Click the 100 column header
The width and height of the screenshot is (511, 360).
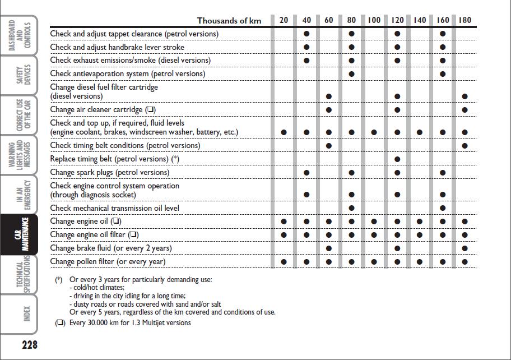[x=374, y=20]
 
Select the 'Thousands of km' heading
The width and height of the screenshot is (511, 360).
[x=229, y=21]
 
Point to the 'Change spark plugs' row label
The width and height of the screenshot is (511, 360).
[x=109, y=172]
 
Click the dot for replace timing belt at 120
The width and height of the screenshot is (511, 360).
[x=397, y=159]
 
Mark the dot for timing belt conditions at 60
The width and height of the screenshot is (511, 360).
[x=329, y=146]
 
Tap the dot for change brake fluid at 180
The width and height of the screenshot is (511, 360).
[x=464, y=248]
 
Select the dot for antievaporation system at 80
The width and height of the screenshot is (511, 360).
[x=351, y=74]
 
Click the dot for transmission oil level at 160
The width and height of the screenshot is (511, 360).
[x=443, y=209]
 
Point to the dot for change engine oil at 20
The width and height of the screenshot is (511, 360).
[x=284, y=221]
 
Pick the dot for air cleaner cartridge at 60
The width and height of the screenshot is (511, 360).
[x=329, y=110]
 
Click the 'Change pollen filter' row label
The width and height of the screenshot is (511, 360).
[x=108, y=261]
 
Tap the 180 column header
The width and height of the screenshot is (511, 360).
[x=464, y=20]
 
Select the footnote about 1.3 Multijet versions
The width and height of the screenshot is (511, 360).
[x=129, y=323]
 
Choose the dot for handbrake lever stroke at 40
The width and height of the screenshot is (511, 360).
[x=306, y=48]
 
